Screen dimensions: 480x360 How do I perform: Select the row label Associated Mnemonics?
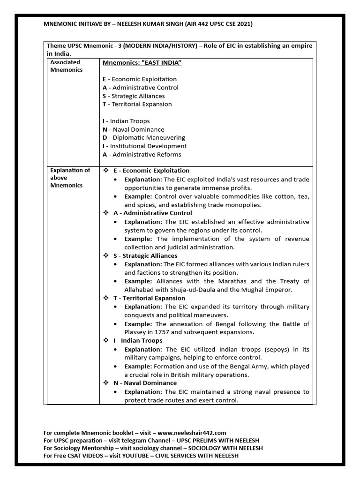pyautogui.click(x=66, y=66)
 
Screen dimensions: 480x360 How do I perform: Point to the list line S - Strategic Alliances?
pyautogui.click(x=133, y=96)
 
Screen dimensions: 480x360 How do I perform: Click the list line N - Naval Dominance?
pyautogui.click(x=133, y=129)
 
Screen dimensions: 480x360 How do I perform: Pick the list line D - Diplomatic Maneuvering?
pyautogui.click(x=143, y=138)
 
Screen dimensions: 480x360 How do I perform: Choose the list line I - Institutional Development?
pyautogui.click(x=144, y=146)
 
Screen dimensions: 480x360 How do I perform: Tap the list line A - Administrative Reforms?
pyautogui.click(x=142, y=155)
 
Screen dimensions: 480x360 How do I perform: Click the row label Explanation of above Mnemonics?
pyautogui.click(x=70, y=178)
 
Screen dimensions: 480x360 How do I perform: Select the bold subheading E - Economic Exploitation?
pyautogui.click(x=151, y=171)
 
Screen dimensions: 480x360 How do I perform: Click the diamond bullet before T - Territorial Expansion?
pyautogui.click(x=106, y=298)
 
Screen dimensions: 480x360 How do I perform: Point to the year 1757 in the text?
pyautogui.click(x=163, y=332)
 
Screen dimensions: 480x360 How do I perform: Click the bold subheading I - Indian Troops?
pyautogui.click(x=138, y=341)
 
